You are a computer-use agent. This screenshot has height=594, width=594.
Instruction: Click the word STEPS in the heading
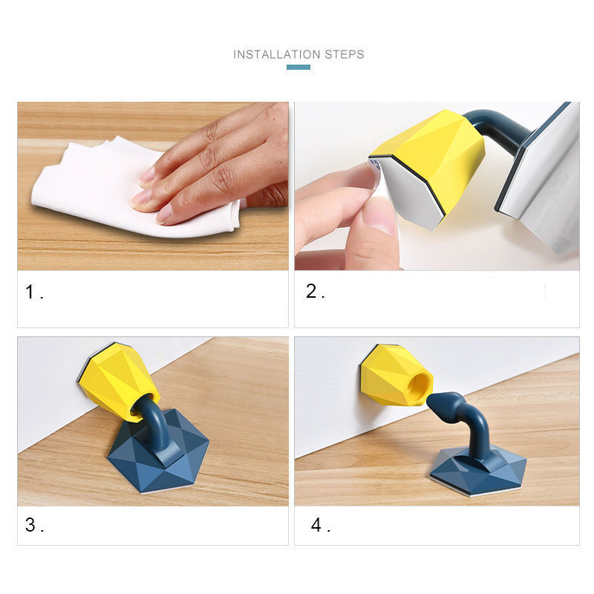(x=345, y=54)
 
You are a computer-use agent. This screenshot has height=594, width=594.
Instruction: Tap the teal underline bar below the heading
(x=298, y=68)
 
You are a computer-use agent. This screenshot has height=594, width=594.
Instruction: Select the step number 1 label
(x=33, y=293)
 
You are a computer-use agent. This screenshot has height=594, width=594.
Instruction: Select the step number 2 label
(x=314, y=292)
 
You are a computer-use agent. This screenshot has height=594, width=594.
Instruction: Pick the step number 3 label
(x=33, y=525)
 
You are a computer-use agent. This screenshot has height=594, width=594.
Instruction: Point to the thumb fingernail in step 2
(x=379, y=216)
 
